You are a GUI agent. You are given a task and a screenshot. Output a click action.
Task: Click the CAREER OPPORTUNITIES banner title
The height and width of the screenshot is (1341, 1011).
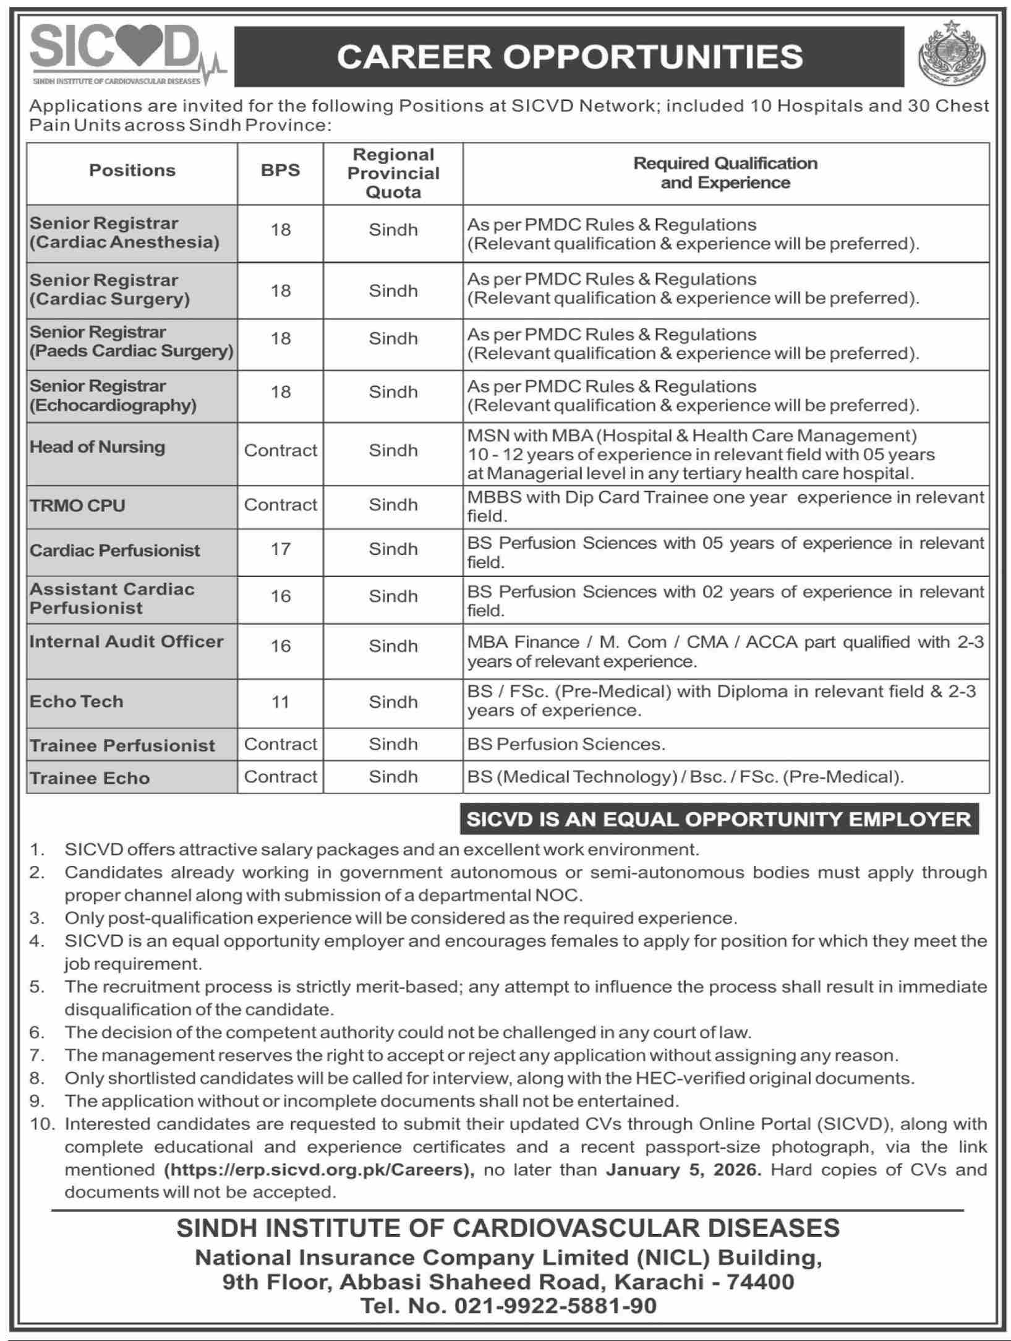[569, 57]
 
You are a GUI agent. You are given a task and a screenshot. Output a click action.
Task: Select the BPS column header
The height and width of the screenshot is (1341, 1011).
[280, 171]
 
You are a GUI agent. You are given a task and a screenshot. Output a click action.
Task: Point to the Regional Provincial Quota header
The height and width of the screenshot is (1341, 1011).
[393, 173]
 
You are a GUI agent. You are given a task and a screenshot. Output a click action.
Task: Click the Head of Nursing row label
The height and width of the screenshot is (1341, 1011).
[98, 447]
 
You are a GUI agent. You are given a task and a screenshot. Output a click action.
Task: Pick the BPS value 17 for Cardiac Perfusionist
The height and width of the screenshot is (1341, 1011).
[280, 549]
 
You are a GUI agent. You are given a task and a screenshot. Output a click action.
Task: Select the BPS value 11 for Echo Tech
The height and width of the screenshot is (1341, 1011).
[280, 702]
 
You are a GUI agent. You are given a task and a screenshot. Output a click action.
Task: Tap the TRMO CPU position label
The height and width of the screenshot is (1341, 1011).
[77, 505]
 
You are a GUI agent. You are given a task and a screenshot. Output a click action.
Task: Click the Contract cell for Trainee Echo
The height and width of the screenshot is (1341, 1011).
[280, 777]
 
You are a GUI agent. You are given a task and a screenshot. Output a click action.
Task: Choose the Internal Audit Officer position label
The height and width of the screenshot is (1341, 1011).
[126, 641]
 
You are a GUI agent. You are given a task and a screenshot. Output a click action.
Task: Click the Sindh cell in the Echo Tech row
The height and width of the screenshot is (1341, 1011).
[393, 702]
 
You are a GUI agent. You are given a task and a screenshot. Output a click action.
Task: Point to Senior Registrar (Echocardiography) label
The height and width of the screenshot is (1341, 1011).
[113, 396]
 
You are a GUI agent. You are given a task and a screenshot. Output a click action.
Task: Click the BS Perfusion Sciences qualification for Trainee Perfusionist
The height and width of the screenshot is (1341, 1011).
[566, 744]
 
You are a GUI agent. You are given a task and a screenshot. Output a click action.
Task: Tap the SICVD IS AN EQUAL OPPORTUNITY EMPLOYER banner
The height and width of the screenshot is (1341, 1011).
[719, 820]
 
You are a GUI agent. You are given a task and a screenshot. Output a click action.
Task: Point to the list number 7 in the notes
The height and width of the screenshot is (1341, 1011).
[37, 1055]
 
